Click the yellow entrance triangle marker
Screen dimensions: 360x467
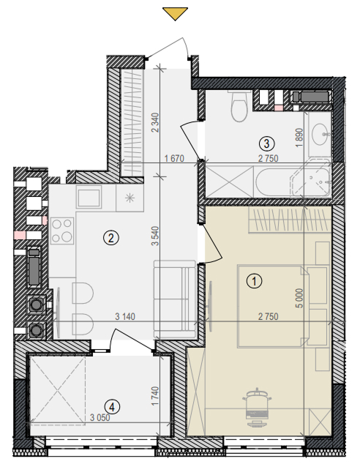[x=175, y=14]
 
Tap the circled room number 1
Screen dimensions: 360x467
[x=255, y=281]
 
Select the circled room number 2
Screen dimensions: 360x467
[x=111, y=238]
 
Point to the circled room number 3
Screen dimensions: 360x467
[x=266, y=143]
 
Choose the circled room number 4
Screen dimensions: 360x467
[x=112, y=406]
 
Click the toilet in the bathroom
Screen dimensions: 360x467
[x=239, y=106]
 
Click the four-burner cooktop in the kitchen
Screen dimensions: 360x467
[x=62, y=231]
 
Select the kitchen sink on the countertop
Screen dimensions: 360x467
[x=89, y=197]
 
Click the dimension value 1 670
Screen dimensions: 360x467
[x=174, y=158]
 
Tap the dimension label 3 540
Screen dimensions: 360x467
[x=155, y=236]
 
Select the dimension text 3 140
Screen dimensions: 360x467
[x=125, y=316]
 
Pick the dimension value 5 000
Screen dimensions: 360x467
[x=300, y=298]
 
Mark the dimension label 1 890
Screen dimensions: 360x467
[x=299, y=138]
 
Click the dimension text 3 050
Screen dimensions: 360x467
[x=100, y=417]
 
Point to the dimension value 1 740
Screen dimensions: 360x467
[x=155, y=396]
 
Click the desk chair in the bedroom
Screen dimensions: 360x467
[x=257, y=408]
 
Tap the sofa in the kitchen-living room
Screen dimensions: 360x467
[x=175, y=299]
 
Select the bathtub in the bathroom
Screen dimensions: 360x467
[x=293, y=182]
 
